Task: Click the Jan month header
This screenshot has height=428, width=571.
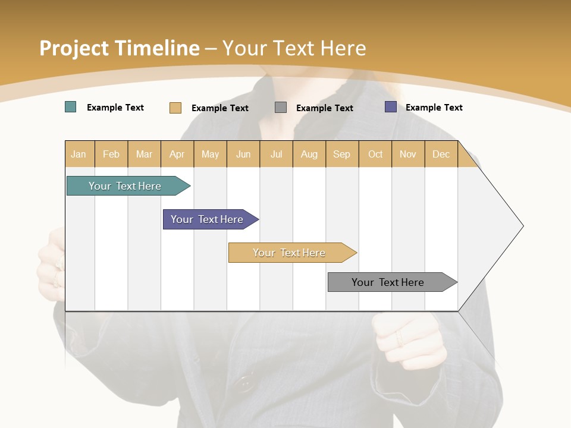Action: [x=79, y=154]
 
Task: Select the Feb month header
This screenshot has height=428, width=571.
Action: [x=111, y=154]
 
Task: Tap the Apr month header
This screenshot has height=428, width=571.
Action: [x=177, y=154]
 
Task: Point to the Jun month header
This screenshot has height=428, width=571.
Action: [x=243, y=154]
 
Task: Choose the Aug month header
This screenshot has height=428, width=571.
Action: [x=309, y=154]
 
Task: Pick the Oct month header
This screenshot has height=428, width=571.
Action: [x=375, y=154]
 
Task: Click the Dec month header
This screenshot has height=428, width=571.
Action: [x=441, y=154]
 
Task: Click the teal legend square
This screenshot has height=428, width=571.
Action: [x=71, y=107]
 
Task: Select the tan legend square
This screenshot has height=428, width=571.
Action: [x=175, y=108]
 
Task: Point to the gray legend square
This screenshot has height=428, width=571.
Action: [x=281, y=108]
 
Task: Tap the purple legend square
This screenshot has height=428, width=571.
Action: [x=391, y=107]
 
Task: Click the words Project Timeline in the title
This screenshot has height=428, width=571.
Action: [x=120, y=48]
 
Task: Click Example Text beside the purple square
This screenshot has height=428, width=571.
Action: [x=434, y=108]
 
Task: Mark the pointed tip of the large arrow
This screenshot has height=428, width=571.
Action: [x=522, y=226]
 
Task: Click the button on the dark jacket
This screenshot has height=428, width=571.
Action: [x=243, y=384]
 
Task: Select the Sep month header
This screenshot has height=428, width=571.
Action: [x=342, y=154]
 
